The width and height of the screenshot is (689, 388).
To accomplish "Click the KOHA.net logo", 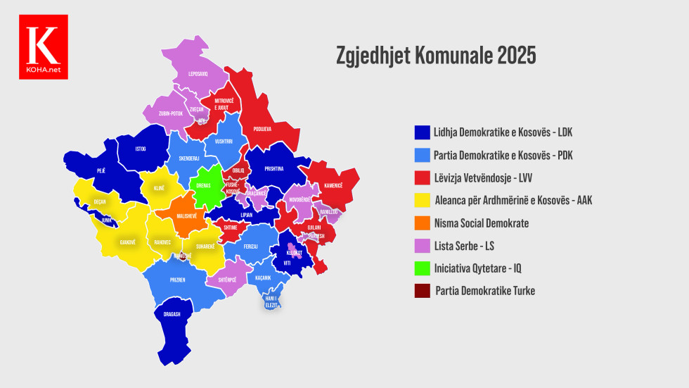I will pos(44,46).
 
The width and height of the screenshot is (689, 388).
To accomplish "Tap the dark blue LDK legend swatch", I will pos(421,132).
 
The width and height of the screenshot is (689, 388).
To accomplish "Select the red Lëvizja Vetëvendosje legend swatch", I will pos(421,177).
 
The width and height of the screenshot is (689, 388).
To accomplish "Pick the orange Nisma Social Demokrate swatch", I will pos(421,223).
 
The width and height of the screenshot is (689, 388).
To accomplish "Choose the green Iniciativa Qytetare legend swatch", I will pos(421,268).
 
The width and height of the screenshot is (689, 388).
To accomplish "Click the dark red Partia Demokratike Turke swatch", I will pos(421,291).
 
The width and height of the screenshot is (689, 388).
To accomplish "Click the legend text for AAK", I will pos(513,201).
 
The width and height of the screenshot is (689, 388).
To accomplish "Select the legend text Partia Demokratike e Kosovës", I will pos(503,155).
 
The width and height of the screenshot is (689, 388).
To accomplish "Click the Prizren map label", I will pos(177,280).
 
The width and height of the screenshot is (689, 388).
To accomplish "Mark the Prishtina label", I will pos(274,168).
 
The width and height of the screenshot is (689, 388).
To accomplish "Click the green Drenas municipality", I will pos(203,185).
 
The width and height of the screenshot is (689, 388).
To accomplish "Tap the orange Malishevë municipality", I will pos(186,215).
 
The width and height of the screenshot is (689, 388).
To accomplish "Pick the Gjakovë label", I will pos(127,242).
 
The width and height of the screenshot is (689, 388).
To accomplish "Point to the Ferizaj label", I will pos(251,246).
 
